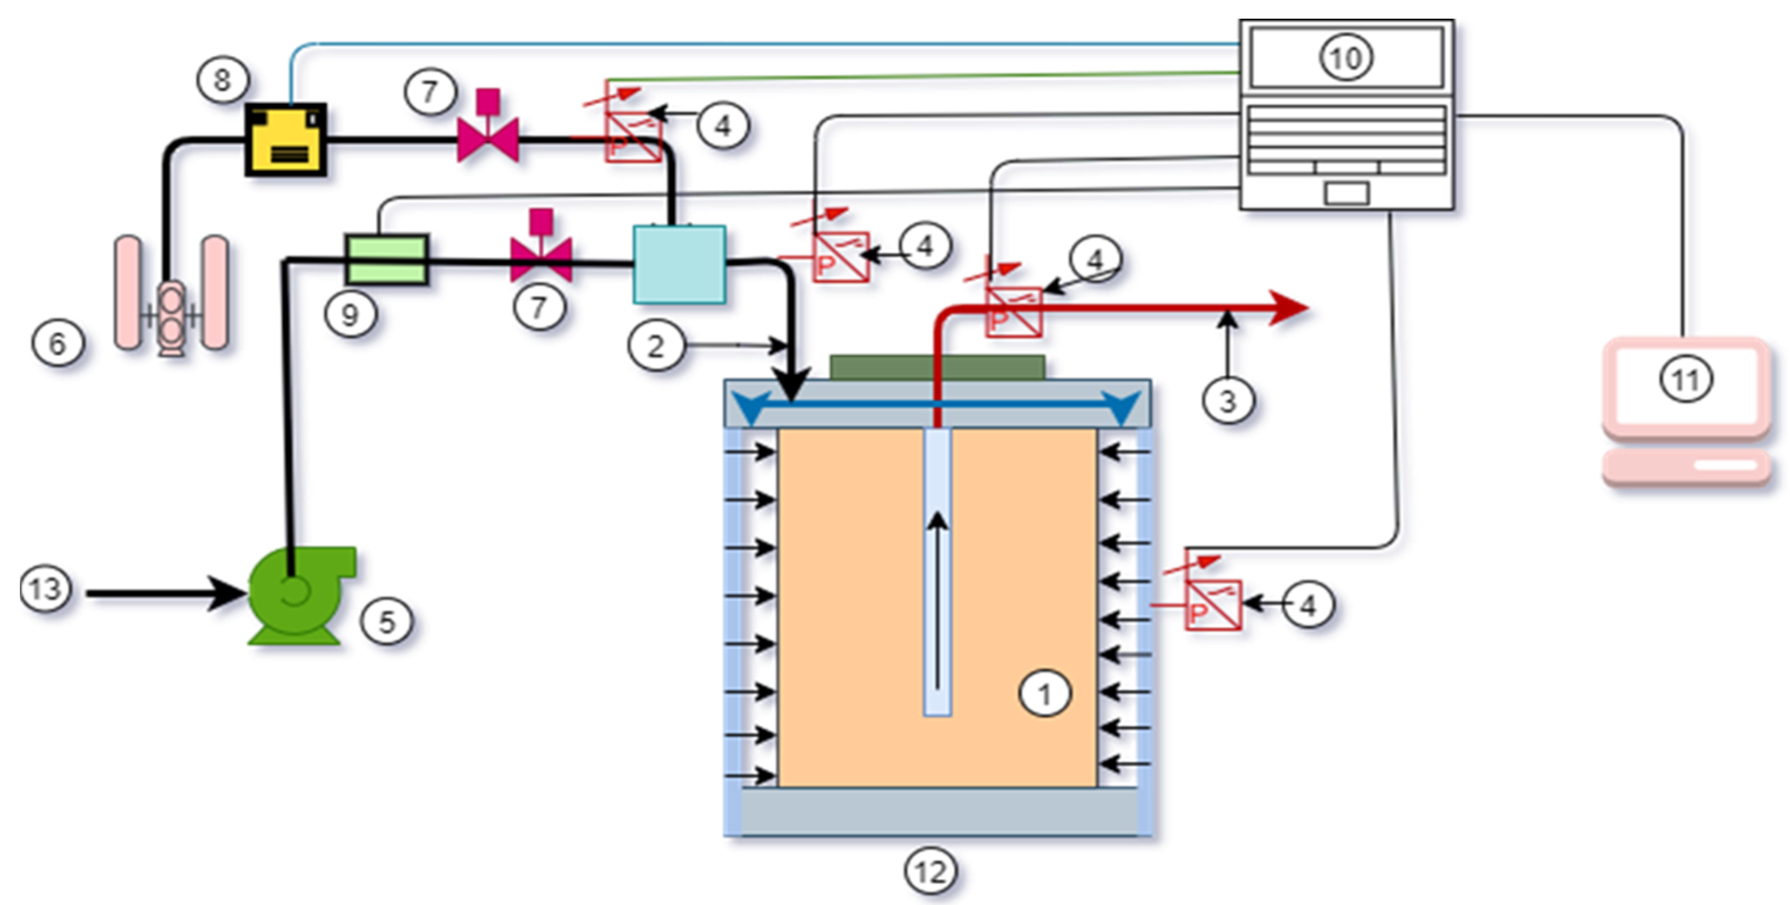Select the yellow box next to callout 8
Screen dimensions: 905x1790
click(x=286, y=139)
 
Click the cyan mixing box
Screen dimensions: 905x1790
click(x=679, y=265)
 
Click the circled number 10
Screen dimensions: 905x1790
click(x=1346, y=58)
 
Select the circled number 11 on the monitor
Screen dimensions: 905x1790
click(x=1686, y=379)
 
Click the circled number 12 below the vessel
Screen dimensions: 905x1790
click(x=930, y=872)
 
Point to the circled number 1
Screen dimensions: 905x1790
click(x=1044, y=692)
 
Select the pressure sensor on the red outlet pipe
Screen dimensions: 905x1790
click(x=1014, y=313)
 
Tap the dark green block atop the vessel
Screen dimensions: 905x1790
click(x=937, y=367)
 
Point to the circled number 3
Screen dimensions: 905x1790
click(x=1228, y=401)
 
